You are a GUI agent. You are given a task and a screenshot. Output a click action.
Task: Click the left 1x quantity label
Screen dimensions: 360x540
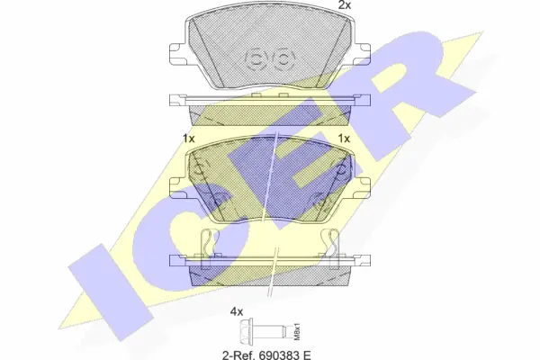(188, 138)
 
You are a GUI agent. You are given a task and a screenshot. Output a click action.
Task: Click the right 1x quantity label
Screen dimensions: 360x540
(343, 138)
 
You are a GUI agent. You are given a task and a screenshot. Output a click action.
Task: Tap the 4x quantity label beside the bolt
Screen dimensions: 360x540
(237, 311)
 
